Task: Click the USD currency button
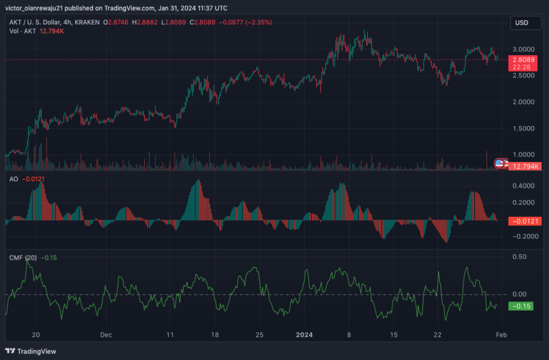click(525, 23)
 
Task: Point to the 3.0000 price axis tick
click(523, 49)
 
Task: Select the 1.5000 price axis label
click(523, 129)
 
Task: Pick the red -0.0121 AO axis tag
click(525, 221)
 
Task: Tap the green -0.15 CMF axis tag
click(521, 306)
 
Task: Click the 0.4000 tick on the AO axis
click(523, 186)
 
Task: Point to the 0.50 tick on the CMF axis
click(520, 257)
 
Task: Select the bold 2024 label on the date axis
click(305, 335)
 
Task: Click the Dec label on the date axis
click(106, 335)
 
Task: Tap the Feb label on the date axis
click(501, 335)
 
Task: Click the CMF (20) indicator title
click(23, 258)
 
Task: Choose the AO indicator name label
click(13, 179)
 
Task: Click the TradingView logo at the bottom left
click(31, 351)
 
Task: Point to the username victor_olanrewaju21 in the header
click(34, 8)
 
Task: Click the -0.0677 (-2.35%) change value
click(245, 23)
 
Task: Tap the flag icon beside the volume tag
click(499, 163)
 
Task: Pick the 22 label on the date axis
click(437, 335)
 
